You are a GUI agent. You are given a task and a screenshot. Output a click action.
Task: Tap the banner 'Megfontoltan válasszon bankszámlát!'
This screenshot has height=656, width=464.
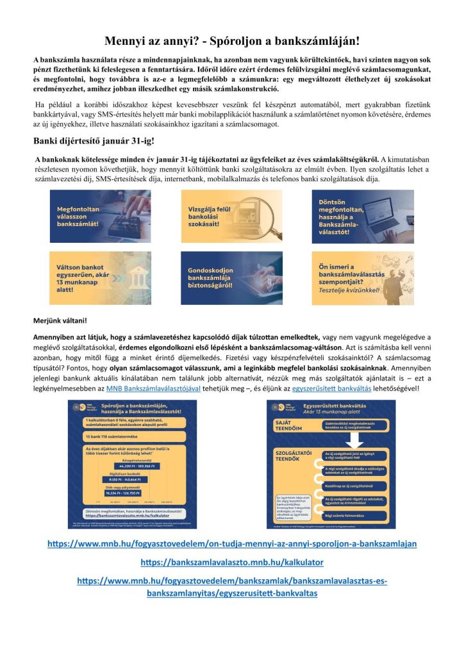pyautogui.click(x=100, y=208)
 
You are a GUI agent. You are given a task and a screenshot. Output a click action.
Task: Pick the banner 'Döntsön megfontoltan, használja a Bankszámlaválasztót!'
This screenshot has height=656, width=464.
pyautogui.click(x=362, y=208)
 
